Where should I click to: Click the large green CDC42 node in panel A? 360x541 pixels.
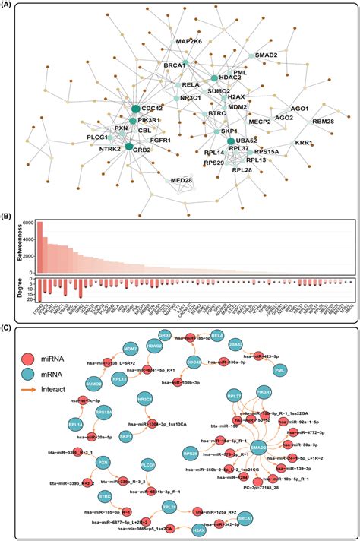coord(136,109)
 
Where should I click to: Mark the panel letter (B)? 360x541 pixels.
coord(11,214)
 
